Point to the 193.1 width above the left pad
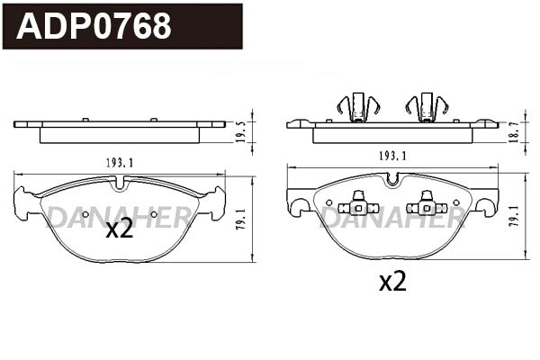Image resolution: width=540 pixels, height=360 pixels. [120, 163]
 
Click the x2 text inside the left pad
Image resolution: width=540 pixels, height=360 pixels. [119, 229]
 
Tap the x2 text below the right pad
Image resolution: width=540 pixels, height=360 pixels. [391, 282]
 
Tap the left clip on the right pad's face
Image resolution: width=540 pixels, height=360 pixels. [358, 206]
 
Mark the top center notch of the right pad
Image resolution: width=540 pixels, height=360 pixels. [392, 179]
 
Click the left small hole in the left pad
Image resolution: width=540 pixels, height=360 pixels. [86, 214]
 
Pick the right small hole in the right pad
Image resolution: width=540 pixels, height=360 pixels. [456, 202]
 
